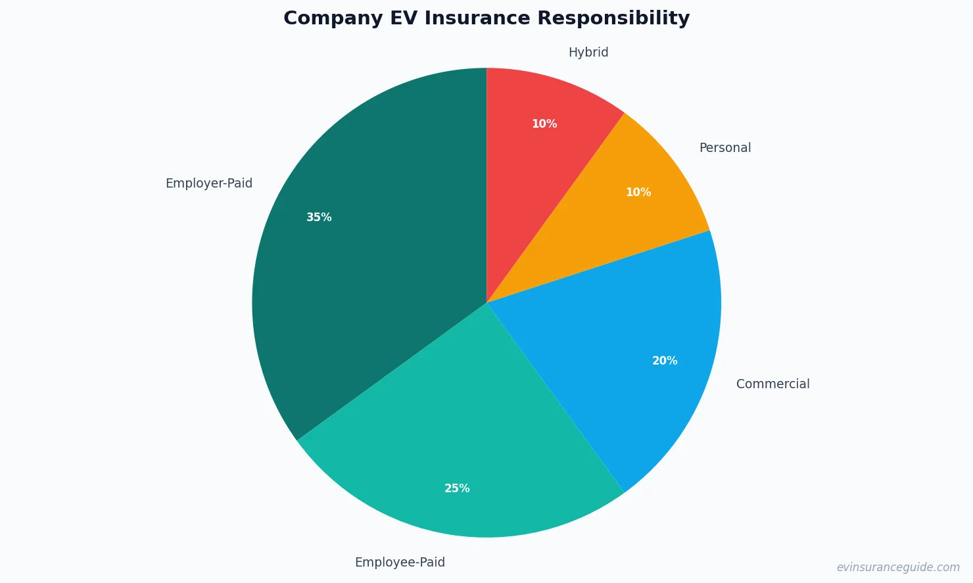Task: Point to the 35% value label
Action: pyautogui.click(x=319, y=217)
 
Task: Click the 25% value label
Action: pyautogui.click(x=457, y=488)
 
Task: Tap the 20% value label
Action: pyautogui.click(x=665, y=361)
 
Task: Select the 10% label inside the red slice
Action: pyautogui.click(x=544, y=124)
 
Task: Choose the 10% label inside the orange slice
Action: pyautogui.click(x=638, y=192)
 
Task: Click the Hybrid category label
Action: pyautogui.click(x=588, y=52)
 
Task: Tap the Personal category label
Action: pyautogui.click(x=724, y=147)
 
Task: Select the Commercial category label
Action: pyautogui.click(x=772, y=384)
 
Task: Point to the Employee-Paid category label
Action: pyautogui.click(x=400, y=562)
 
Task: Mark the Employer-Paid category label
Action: pyautogui.click(x=209, y=183)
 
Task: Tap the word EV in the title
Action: pyautogui.click(x=403, y=18)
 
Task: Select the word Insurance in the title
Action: pyautogui.click(x=477, y=18)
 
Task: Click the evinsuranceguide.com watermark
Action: pyautogui.click(x=898, y=567)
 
